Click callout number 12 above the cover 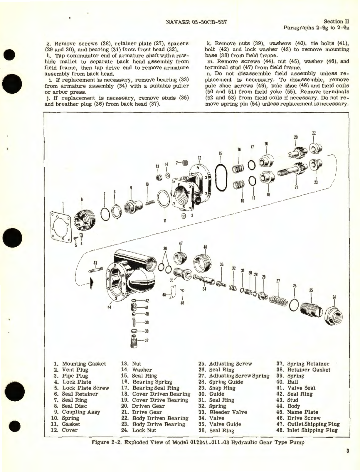pyautogui.click(x=199, y=158)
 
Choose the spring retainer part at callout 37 pyautogui.click(x=134, y=341)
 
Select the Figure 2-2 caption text pyautogui.click(x=198, y=442)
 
